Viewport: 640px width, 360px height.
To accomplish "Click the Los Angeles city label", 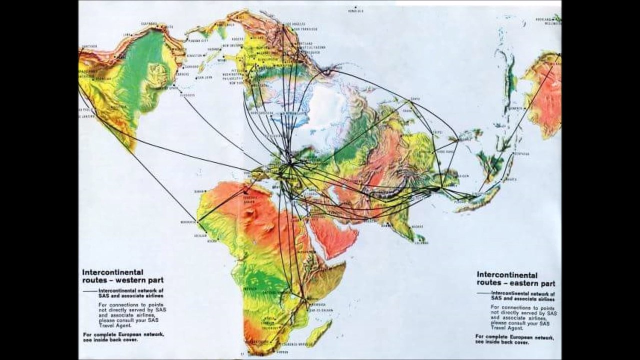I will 295,24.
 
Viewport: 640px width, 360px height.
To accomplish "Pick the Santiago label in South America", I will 90,46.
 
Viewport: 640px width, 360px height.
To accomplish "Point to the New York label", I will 235,83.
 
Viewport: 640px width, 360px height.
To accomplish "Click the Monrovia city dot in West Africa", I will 197,221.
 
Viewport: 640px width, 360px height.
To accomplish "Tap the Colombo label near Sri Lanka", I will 421,242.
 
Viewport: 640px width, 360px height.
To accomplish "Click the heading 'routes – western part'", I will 122,280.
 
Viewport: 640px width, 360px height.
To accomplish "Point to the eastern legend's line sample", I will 484,293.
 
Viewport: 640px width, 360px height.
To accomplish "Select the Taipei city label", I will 437,133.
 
